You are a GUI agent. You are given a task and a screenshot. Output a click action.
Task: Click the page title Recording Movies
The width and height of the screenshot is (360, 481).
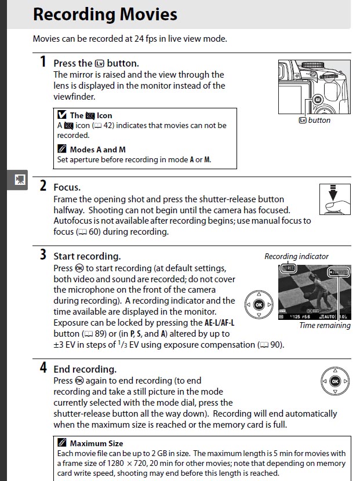tap(105, 14)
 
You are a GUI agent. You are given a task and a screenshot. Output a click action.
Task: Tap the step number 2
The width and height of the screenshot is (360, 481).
tap(43, 185)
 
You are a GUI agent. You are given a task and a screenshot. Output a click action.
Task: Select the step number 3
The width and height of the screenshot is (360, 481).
tap(43, 254)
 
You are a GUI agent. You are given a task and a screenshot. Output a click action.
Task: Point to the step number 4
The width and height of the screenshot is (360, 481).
tap(43, 367)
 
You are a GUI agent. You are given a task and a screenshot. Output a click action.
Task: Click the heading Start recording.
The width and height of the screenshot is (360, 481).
tap(87, 256)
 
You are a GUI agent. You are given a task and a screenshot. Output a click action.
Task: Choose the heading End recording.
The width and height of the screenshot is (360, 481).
tap(85, 369)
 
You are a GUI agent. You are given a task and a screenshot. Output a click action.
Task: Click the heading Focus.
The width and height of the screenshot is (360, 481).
tap(67, 187)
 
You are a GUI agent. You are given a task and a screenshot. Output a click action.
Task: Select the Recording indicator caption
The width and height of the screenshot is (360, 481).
tap(296, 256)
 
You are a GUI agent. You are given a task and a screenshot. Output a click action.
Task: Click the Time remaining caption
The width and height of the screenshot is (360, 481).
tap(325, 326)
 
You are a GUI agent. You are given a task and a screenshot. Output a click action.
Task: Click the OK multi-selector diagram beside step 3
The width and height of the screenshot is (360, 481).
tap(259, 305)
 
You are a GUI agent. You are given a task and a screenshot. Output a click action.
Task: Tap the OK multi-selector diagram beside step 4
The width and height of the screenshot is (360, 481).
tap(334, 381)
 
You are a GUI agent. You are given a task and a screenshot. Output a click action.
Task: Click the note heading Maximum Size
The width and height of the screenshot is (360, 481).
tap(96, 443)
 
